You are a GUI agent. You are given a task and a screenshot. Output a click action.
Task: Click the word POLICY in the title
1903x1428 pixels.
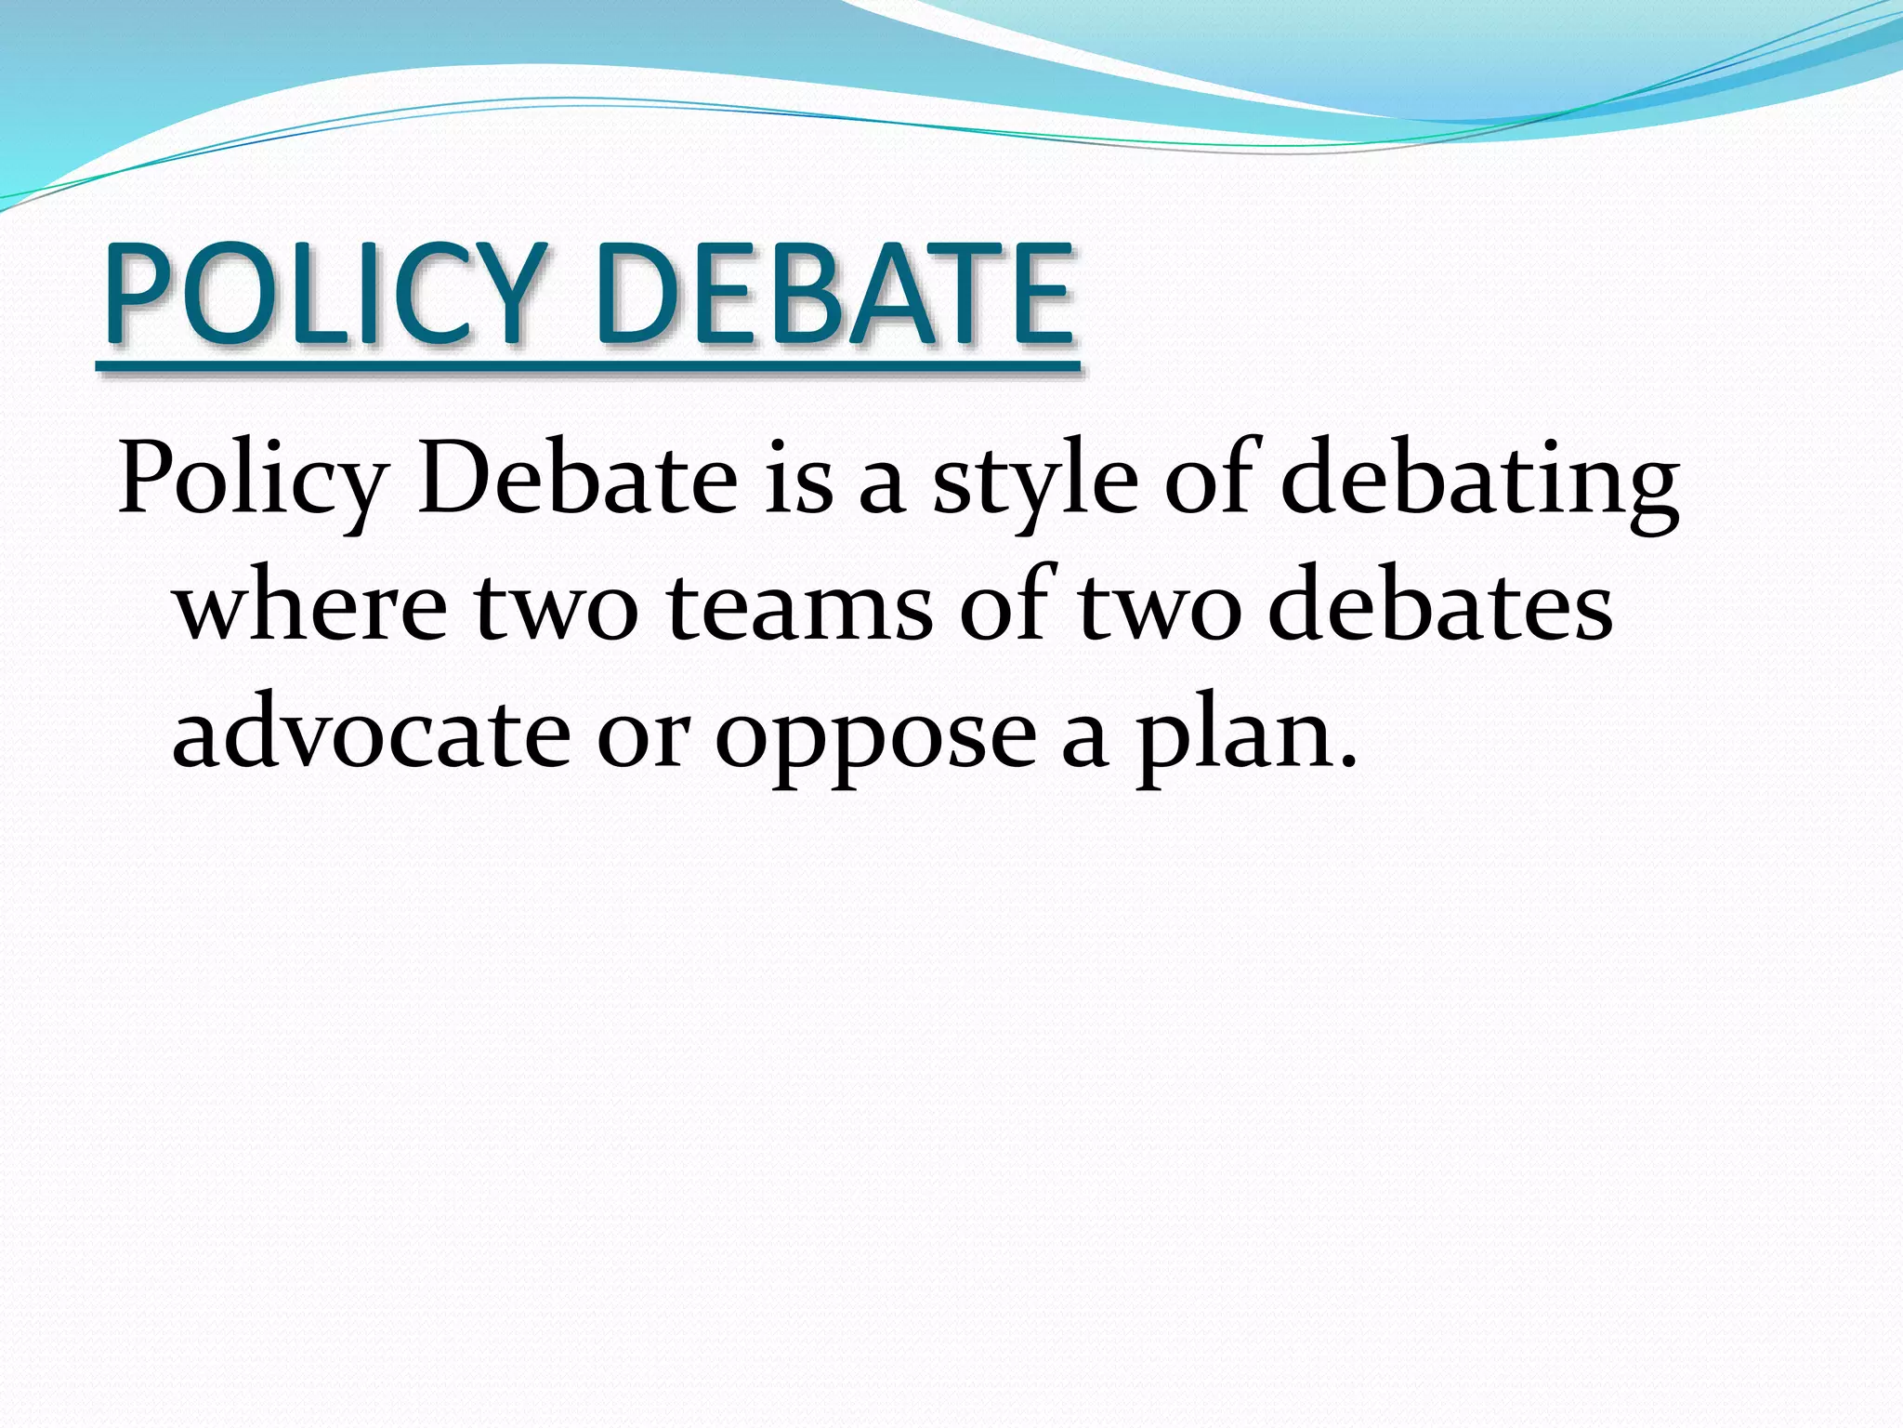(321, 293)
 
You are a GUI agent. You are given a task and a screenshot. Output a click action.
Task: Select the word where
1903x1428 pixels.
(310, 609)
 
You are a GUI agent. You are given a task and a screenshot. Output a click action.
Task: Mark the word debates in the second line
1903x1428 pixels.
(1440, 609)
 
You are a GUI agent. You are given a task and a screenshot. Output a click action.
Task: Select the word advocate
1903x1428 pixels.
(371, 734)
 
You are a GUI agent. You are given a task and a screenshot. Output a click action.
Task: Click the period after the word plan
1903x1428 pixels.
(1347, 762)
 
